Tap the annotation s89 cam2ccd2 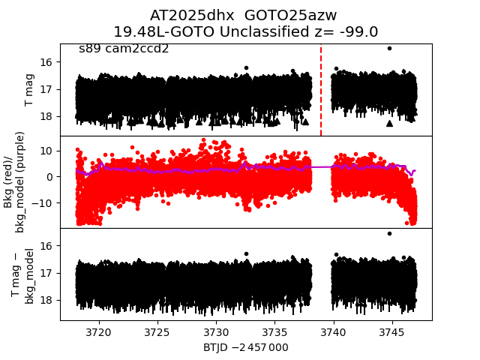pyautogui.click(x=124, y=49)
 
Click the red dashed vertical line pyautogui.click(x=321, y=90)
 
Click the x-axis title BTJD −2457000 pyautogui.click(x=246, y=347)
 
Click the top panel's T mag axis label pyautogui.click(x=30, y=89)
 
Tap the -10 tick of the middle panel pyautogui.click(x=45, y=202)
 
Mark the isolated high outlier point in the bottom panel pyautogui.click(x=389, y=233)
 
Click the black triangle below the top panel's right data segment pyautogui.click(x=389, y=123)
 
